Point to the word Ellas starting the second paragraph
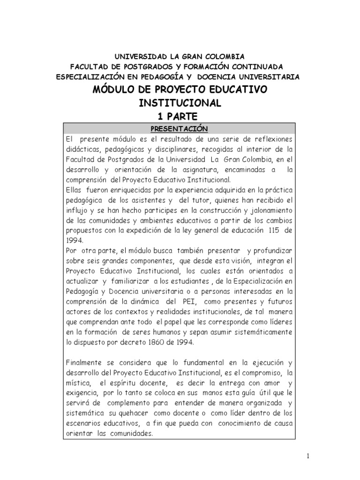[x=75, y=189]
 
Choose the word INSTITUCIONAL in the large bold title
[x=179, y=102]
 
